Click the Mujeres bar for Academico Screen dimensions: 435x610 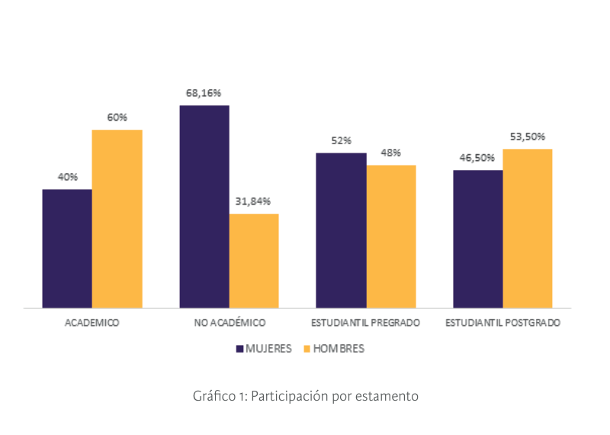pyautogui.click(x=67, y=249)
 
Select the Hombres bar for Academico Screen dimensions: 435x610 pyautogui.click(x=117, y=219)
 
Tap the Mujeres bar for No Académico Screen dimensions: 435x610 pyautogui.click(x=204, y=207)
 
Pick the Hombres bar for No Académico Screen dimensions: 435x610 pyautogui.click(x=254, y=261)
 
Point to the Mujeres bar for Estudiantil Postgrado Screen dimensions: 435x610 pyautogui.click(x=478, y=239)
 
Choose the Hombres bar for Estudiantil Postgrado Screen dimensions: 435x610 pyautogui.click(x=527, y=228)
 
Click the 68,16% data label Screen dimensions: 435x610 pyautogui.click(x=204, y=93)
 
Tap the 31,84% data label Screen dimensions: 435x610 pyautogui.click(x=253, y=201)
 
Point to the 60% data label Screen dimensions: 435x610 pyautogui.click(x=117, y=118)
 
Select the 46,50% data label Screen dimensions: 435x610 pyautogui.click(x=477, y=158)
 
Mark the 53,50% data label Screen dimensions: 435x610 pyautogui.click(x=527, y=137)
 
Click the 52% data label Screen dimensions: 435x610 pyautogui.click(x=341, y=140)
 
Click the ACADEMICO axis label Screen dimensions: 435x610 pyautogui.click(x=92, y=323)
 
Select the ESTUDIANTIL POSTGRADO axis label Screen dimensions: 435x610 pyautogui.click(x=503, y=323)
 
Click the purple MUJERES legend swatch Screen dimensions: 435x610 pyautogui.click(x=239, y=349)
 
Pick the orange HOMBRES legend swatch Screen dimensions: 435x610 pyautogui.click(x=307, y=349)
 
